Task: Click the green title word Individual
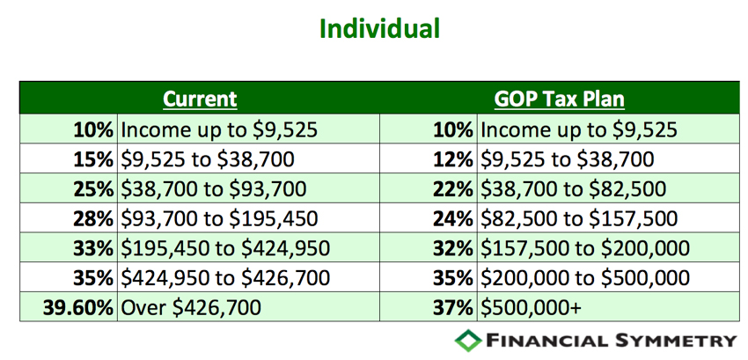tap(379, 29)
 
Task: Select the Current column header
tap(200, 99)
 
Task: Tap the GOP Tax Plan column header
tap(559, 99)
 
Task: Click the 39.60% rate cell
tap(77, 307)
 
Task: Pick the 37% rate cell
tap(452, 307)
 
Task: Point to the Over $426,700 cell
tap(191, 307)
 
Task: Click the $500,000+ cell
tap(531, 307)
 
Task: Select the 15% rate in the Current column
tap(93, 159)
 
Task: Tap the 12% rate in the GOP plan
tap(452, 159)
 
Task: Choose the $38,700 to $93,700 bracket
tap(213, 189)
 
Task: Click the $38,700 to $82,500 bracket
tap(573, 189)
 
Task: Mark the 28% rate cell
tap(93, 218)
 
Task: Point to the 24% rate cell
tap(452, 218)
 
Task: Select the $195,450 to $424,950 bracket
tap(225, 248)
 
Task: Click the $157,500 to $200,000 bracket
tap(585, 248)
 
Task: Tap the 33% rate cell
tap(93, 248)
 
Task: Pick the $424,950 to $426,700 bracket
tap(225, 278)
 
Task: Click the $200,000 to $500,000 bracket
tap(585, 278)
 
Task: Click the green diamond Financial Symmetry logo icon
tap(468, 340)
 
